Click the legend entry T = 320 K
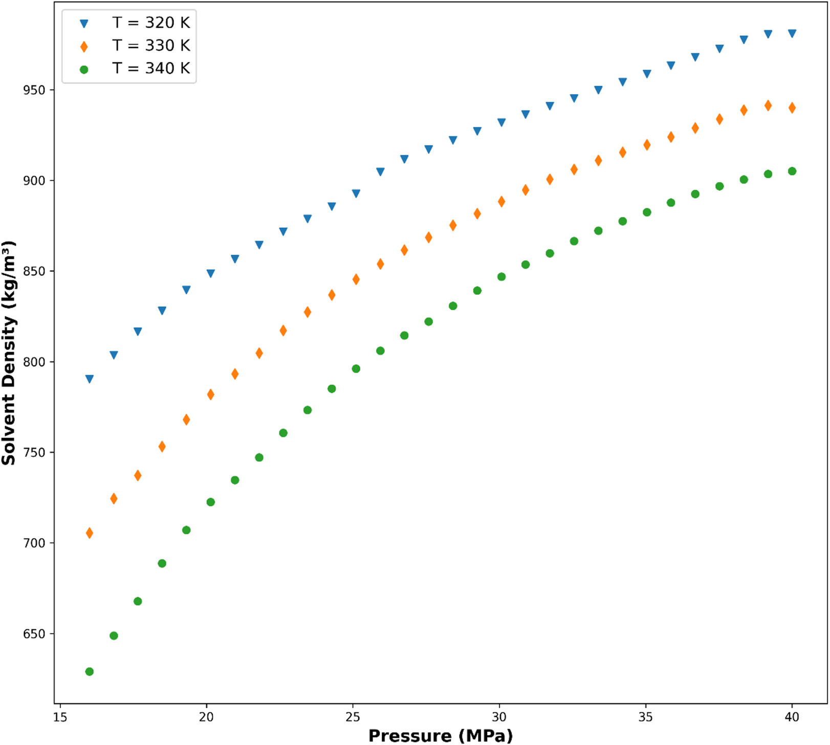click(x=151, y=23)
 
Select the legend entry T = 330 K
click(x=151, y=46)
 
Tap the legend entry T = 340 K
click(x=151, y=69)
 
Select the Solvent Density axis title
click(x=9, y=353)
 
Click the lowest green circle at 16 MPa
click(x=90, y=672)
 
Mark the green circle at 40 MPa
click(x=792, y=171)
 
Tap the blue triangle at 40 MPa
click(x=792, y=34)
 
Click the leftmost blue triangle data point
click(x=90, y=379)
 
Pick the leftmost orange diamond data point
click(x=90, y=533)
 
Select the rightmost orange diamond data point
click(x=792, y=108)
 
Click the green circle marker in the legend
click(x=84, y=69)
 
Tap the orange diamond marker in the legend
click(x=84, y=47)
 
